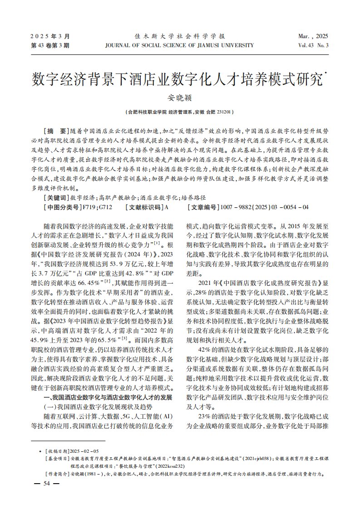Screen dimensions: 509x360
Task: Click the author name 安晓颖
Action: tap(180, 97)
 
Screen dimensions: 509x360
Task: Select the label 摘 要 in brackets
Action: tap(56, 129)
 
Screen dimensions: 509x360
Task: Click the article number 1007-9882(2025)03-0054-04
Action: tap(263, 207)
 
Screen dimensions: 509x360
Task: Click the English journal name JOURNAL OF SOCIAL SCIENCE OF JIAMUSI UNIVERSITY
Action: tap(179, 45)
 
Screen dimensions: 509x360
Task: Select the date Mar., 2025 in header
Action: tap(313, 36)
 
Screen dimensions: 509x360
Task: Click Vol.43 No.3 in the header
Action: tap(313, 45)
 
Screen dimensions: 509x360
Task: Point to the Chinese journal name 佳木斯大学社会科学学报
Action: tap(180, 36)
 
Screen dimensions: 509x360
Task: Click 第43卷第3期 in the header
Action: tap(50, 45)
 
